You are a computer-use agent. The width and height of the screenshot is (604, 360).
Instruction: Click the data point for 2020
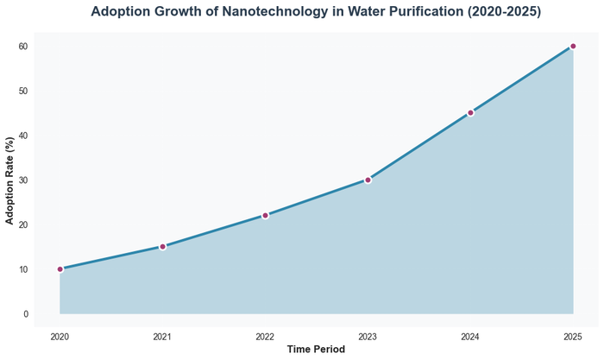tap(60, 269)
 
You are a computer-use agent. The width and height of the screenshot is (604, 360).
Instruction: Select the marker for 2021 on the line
tap(162, 247)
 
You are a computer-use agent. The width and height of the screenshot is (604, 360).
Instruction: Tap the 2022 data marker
tap(265, 215)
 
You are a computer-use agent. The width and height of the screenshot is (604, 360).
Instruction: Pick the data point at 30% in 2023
tap(368, 180)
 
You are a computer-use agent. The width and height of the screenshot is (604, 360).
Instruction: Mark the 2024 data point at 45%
tap(470, 113)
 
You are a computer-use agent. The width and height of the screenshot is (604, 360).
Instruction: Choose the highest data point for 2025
tap(573, 46)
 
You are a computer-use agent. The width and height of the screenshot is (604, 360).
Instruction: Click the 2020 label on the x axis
tap(60, 335)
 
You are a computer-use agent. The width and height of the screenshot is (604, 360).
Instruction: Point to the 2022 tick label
tap(265, 335)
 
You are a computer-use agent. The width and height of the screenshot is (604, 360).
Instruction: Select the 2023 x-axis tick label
tap(368, 335)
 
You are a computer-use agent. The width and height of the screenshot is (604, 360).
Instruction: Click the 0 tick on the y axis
tap(27, 314)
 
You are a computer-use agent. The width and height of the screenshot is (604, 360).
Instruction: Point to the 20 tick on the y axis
tap(24, 224)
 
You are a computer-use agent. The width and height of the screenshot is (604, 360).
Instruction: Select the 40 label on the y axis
tap(24, 136)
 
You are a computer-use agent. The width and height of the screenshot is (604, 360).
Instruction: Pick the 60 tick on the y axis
tap(24, 47)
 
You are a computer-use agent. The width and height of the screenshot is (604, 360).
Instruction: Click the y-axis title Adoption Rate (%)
tap(9, 180)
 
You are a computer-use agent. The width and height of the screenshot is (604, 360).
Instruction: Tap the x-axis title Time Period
tap(316, 350)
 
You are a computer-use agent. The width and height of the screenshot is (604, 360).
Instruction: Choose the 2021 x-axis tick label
tap(162, 335)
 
